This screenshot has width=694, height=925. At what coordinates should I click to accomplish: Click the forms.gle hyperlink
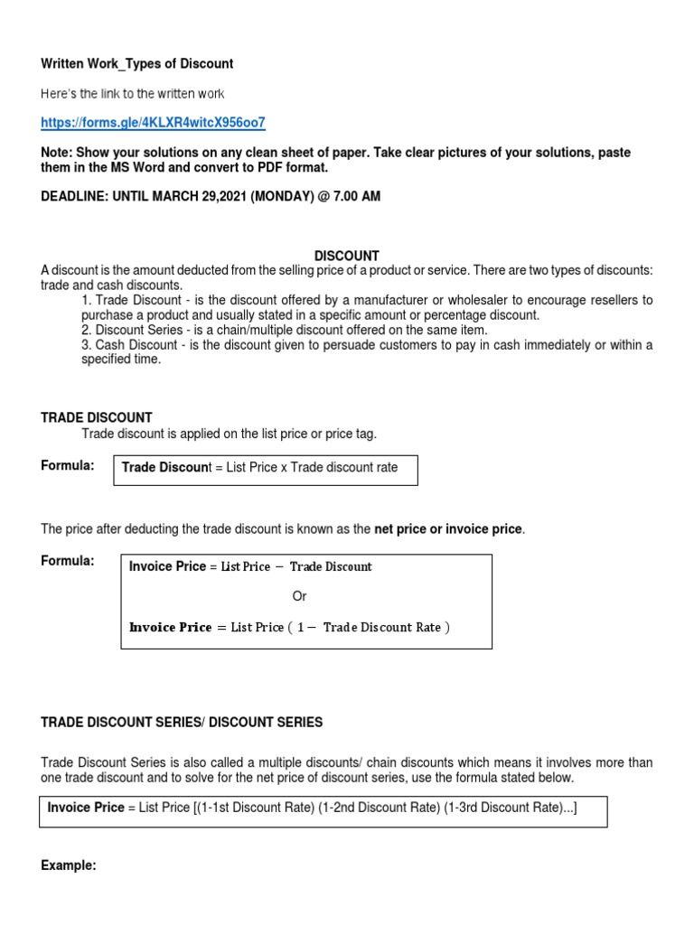coord(154,122)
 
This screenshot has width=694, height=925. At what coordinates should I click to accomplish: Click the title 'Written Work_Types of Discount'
coord(137,64)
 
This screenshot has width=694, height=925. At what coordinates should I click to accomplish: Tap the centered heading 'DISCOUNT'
coord(347,256)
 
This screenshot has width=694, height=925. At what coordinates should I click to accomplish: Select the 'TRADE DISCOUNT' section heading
coord(97,417)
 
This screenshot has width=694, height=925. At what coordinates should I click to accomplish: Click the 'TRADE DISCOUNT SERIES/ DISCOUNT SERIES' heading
coord(182,723)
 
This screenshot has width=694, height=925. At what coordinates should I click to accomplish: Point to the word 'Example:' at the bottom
coord(69,865)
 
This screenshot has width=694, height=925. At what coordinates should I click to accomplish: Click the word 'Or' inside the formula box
coord(300,596)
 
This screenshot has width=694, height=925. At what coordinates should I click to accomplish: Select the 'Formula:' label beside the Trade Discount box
coord(68,465)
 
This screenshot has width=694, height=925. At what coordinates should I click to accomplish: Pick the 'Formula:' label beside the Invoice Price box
coord(68,561)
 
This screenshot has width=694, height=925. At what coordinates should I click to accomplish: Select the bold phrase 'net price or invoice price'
coord(448,528)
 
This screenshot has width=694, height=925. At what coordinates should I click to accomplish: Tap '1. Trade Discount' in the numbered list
coord(136,300)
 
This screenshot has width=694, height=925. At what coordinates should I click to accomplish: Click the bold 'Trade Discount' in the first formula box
coord(164,467)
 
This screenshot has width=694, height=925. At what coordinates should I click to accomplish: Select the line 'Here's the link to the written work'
coord(133,94)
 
